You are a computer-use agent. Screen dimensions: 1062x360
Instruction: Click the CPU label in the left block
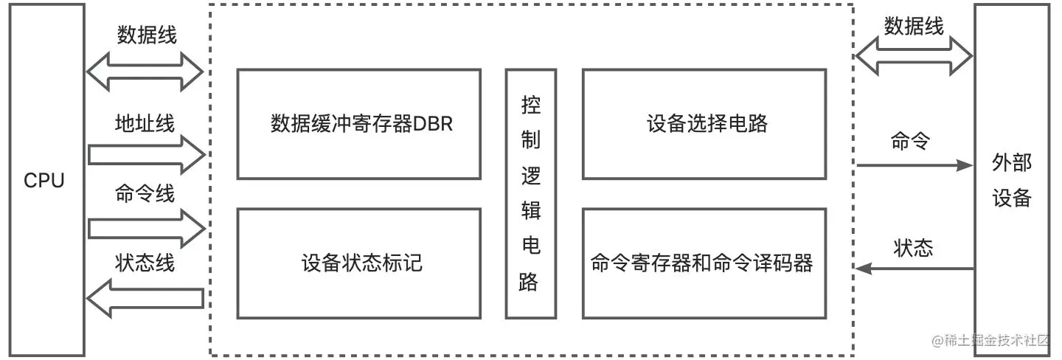pos(44,181)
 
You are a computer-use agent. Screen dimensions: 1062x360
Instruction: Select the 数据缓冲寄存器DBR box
pos(359,124)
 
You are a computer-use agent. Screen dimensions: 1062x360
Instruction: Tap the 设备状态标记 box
pos(359,263)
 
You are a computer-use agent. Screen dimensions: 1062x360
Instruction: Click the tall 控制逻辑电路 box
pos(530,193)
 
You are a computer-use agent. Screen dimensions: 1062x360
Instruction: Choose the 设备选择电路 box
pos(704,124)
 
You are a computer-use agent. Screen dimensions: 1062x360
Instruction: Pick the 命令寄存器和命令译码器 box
pos(704,263)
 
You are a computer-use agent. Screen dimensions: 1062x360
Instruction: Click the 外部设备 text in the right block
pos(1011,181)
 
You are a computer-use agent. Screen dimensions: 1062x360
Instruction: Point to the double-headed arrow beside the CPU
pos(145,72)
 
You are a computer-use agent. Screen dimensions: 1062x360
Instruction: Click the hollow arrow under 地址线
pos(145,154)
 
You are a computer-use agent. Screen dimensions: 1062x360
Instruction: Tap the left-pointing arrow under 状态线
pos(145,297)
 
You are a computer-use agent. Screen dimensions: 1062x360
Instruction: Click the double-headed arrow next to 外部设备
pos(914,56)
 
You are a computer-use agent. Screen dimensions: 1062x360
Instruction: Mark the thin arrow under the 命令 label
pos(914,166)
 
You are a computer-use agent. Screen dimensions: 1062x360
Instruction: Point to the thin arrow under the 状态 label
pos(914,270)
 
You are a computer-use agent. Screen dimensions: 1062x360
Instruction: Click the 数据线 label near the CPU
pos(147,35)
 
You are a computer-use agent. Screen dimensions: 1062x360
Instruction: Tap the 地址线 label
pos(145,123)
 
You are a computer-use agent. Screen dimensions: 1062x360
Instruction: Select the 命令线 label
pos(145,194)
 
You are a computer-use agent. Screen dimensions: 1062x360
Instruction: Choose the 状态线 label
pos(145,263)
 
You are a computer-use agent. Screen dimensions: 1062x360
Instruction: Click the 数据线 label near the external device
pos(914,27)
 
